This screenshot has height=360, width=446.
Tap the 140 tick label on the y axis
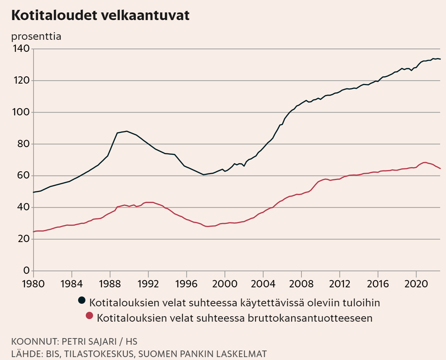[22, 49]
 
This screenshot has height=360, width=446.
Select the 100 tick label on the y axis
[22, 112]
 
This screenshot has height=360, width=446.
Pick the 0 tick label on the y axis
[27, 271]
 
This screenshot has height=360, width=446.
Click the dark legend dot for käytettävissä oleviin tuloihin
[82, 300]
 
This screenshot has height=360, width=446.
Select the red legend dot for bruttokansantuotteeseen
[89, 316]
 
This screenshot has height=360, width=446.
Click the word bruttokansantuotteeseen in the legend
[310, 318]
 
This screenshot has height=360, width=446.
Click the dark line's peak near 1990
[127, 131]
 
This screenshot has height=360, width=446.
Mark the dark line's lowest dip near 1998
[204, 175]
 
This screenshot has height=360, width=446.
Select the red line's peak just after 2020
[424, 162]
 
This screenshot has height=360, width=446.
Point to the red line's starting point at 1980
[34, 231]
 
